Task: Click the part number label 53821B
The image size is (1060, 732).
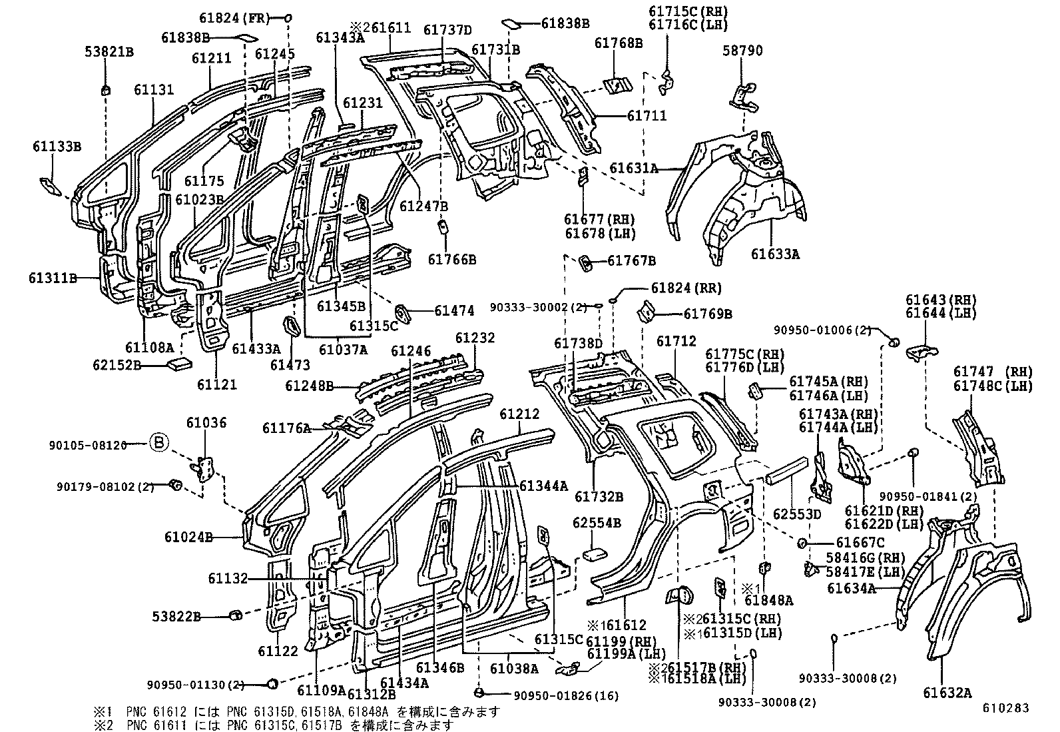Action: pos(109,51)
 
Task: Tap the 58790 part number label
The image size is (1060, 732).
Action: pos(742,51)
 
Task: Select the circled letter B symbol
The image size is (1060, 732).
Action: pos(159,443)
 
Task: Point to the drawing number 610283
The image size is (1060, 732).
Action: pos(1005,708)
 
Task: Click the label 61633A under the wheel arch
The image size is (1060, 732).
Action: pos(775,254)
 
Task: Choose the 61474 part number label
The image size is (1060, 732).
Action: pos(454,310)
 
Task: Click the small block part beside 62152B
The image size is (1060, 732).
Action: pos(180,364)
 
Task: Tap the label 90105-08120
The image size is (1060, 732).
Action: pos(87,445)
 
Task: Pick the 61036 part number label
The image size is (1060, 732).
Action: pos(206,422)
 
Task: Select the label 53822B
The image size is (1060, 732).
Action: pos(176,617)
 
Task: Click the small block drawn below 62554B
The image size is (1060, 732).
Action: pos(595,554)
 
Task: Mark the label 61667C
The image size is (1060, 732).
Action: pos(860,543)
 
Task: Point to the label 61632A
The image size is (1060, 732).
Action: pos(947,693)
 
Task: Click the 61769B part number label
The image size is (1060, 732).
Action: pos(708,314)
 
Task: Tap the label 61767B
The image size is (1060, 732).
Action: pos(631,261)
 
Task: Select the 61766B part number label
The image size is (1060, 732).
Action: pos(452,260)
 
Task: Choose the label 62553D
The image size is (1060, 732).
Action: pos(797,514)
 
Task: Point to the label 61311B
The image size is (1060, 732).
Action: pos(53,278)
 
